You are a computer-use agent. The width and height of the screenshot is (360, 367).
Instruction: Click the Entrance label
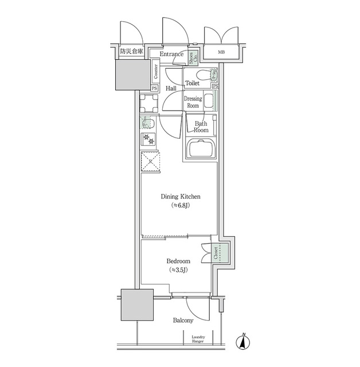coord(171,54)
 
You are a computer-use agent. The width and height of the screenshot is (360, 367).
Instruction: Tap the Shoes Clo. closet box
coord(194,56)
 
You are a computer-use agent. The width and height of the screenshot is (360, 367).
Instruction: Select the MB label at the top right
coord(221,54)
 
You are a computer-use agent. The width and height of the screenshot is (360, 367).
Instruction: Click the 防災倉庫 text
coord(131,52)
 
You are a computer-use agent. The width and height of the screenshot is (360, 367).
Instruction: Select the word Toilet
coord(192,84)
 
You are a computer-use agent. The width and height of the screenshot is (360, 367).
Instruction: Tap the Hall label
coord(171,89)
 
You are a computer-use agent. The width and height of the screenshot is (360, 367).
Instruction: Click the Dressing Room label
coord(193,102)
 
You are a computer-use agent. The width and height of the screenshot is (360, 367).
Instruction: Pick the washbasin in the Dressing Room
coord(209,103)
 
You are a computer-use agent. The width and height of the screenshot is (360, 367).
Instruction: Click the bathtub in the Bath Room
coord(201,150)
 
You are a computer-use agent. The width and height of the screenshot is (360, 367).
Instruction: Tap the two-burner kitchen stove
coord(150,139)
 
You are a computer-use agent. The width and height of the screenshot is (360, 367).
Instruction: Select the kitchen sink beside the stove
coord(148,123)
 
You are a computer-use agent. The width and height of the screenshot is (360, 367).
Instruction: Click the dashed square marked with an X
coord(151,162)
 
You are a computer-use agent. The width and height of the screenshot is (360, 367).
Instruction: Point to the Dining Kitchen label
coord(180,197)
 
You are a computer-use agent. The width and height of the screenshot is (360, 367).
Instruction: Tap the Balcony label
coord(183,321)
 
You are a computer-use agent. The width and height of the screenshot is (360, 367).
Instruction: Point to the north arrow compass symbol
coord(244,341)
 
